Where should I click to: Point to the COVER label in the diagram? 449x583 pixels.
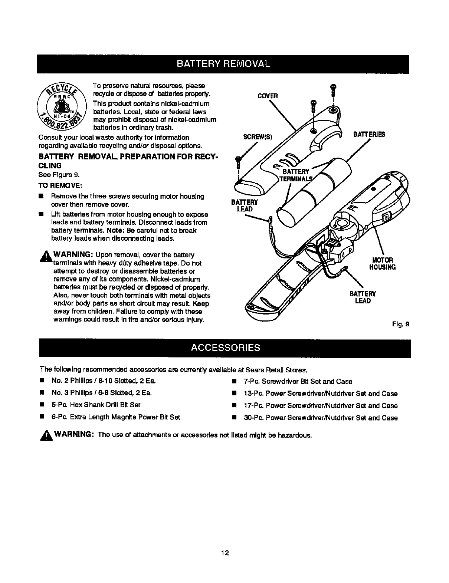(268, 96)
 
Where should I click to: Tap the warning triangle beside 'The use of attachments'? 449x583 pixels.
(47, 435)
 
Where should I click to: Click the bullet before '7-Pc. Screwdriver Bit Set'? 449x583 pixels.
(234, 382)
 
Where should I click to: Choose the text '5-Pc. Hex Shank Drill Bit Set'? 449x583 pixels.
(96, 405)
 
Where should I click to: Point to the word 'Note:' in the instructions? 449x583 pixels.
(115, 230)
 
